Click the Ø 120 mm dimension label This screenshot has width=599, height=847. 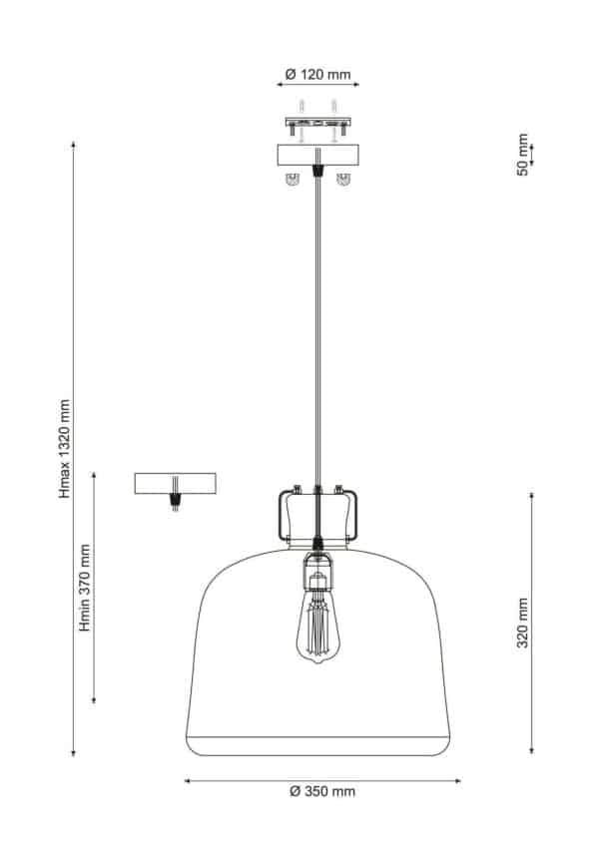coord(317,75)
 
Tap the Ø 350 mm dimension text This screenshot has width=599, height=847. coord(321,791)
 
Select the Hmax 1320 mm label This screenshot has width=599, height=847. coord(65,448)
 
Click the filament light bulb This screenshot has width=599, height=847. coord(318,624)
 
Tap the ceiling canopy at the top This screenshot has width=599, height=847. coord(317,157)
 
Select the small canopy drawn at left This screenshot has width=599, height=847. coord(176,483)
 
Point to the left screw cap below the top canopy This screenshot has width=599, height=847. coord(293,180)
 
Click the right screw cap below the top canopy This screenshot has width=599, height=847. coord(344,180)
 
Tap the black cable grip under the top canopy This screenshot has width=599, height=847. coord(317,171)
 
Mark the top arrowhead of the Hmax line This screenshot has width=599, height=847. coord(74,146)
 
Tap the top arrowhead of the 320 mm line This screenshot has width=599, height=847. coord(531,495)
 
